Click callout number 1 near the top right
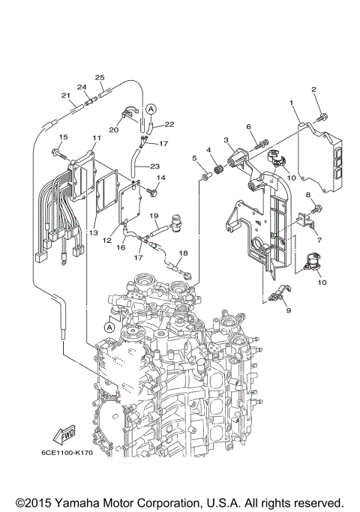point(291,102)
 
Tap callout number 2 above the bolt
point(315,90)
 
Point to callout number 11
point(96,139)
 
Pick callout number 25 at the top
point(99,77)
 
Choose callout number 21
point(65,95)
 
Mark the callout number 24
point(83,87)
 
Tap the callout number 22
point(169,124)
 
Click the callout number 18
point(183,253)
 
